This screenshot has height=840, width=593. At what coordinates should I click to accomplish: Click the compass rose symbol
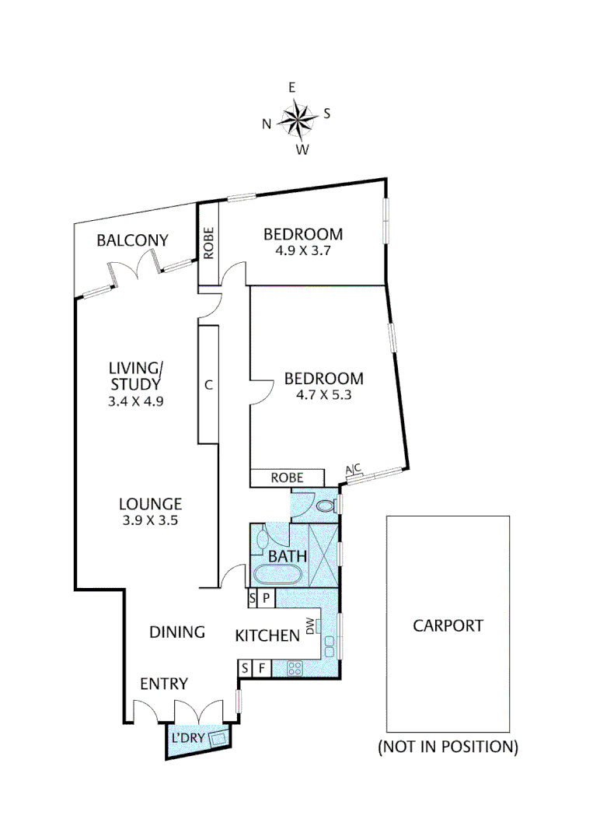(x=296, y=119)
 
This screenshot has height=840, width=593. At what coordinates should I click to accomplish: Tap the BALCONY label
(x=132, y=240)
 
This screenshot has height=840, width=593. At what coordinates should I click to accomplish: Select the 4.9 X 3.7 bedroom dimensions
(x=302, y=251)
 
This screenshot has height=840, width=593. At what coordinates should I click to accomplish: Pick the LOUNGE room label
(x=151, y=504)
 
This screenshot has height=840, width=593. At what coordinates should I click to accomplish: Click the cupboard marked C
(x=208, y=383)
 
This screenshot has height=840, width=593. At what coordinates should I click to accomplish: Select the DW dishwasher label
(x=311, y=625)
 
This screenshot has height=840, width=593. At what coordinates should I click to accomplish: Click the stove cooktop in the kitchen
(x=295, y=667)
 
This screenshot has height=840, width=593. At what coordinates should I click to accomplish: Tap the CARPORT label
(x=448, y=625)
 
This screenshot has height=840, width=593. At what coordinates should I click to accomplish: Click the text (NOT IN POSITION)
(x=448, y=747)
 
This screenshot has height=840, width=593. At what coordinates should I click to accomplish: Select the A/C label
(x=353, y=468)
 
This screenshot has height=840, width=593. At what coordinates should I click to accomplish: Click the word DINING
(x=177, y=632)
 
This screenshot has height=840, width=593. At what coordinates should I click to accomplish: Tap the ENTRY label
(x=163, y=684)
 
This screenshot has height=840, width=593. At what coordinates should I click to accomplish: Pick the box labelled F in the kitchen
(x=262, y=667)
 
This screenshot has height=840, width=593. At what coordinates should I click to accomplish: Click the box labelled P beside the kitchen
(x=266, y=598)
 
